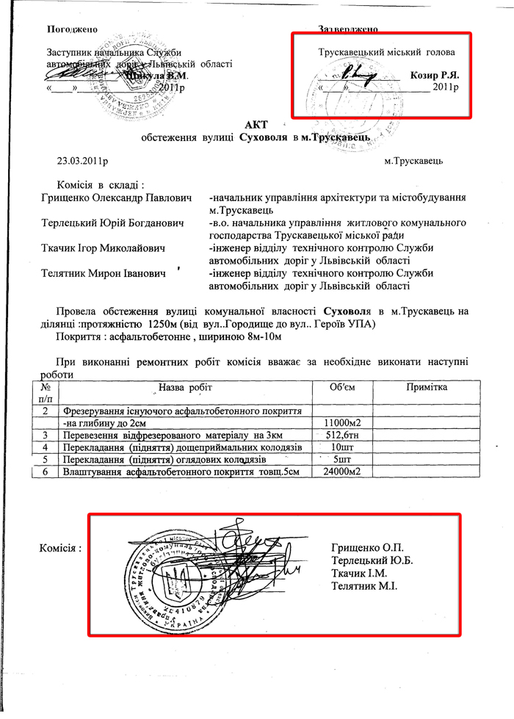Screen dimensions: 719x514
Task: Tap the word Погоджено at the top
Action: pos(72,29)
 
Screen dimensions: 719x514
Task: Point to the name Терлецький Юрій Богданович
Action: pos(114,223)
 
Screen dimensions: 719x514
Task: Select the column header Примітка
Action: pos(427,387)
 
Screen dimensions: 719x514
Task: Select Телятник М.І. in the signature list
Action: pos(364,585)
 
